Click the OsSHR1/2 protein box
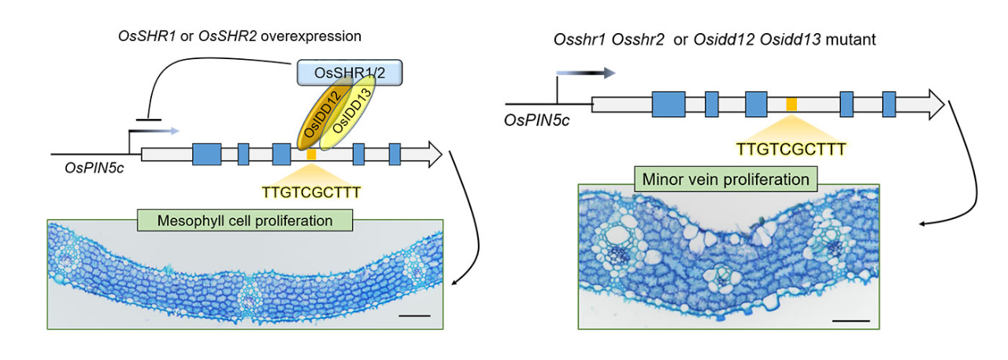point(350,74)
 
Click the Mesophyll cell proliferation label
point(245,221)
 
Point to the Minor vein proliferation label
point(726,180)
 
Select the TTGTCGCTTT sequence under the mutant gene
point(791,147)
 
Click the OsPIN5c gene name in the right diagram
point(537,120)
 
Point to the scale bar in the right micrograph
point(850,321)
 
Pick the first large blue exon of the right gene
point(668,104)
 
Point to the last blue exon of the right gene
point(889,104)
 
